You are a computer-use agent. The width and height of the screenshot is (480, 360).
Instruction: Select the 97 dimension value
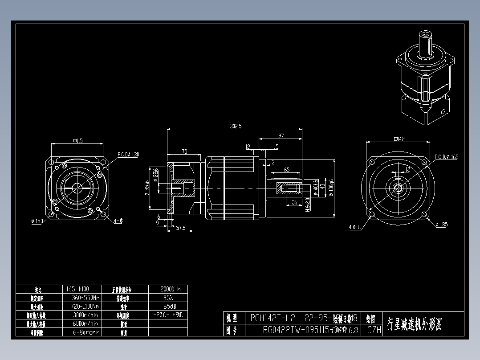(281, 135)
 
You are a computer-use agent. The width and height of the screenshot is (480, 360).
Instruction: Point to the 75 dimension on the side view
(184, 151)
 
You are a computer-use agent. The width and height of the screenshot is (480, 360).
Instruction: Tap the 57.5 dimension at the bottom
(180, 228)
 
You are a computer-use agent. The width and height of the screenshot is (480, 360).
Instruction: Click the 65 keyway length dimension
(287, 170)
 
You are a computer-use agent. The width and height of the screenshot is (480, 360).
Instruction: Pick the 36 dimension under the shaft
(294, 202)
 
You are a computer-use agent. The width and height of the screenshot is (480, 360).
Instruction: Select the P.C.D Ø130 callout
(128, 155)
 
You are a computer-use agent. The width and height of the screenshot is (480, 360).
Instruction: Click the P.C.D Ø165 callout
(446, 157)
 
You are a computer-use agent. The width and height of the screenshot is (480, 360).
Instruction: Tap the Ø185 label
(441, 225)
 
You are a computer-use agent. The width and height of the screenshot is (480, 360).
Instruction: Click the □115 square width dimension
(78, 141)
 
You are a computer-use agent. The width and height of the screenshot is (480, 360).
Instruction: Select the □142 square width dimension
(399, 139)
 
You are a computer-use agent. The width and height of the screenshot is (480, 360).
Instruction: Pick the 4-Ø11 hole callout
(355, 227)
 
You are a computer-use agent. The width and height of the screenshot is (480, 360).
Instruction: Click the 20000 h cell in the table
(168, 289)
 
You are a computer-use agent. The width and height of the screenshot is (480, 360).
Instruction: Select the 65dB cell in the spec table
(168, 306)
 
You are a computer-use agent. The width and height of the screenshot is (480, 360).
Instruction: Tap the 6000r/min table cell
(85, 323)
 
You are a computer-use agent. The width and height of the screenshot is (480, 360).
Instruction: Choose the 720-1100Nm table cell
(85, 306)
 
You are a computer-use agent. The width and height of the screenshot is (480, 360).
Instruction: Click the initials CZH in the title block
(374, 330)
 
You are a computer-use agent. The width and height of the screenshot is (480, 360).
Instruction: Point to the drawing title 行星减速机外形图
(415, 324)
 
